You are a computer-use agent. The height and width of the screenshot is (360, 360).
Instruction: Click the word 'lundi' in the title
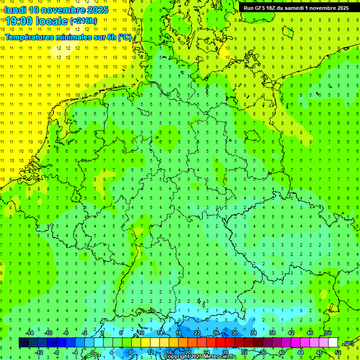(x=15, y=9)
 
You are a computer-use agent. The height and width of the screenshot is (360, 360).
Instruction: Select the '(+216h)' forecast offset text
(x=84, y=21)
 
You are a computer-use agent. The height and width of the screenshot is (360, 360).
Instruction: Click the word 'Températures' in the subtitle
(x=29, y=37)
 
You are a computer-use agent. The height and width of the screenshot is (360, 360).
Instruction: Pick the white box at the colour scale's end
(x=333, y=343)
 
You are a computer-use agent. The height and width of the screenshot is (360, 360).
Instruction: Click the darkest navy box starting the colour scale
(x=23, y=343)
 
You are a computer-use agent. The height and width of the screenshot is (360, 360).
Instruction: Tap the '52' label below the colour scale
(x=338, y=352)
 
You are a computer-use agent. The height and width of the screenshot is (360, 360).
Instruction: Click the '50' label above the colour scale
(x=328, y=333)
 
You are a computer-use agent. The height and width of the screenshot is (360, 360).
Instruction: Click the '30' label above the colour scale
(x=234, y=333)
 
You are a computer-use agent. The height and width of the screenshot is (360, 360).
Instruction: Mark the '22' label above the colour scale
(x=197, y=333)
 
